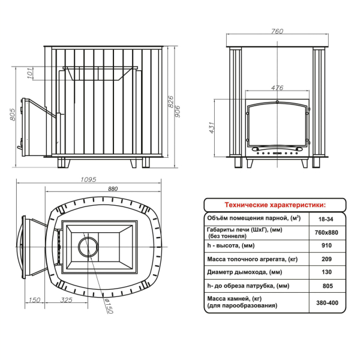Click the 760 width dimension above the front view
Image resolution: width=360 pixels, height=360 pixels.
click(277, 31)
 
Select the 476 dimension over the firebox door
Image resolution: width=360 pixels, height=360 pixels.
click(277, 88)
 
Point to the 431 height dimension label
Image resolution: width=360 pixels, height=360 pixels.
click(212, 128)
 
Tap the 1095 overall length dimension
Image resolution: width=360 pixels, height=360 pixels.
click(88, 179)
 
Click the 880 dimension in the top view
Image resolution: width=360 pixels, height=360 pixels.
click(113, 189)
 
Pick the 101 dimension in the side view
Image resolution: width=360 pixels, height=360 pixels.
click(30, 73)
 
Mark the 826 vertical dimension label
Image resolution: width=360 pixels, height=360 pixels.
click(171, 102)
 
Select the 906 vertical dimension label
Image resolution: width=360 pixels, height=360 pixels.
click(178, 112)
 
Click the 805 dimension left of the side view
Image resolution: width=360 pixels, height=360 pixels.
click(13, 115)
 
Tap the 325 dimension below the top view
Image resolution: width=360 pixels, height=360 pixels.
click(67, 300)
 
